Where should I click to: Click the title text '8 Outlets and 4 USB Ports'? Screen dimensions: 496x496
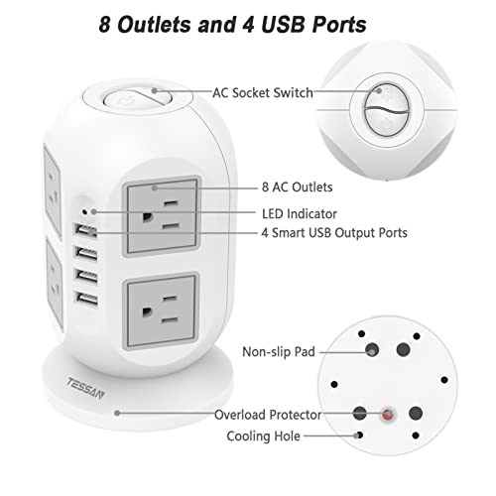tap(232, 25)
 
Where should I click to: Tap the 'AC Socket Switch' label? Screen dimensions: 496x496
tap(263, 93)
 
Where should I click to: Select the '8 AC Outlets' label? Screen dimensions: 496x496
tap(297, 187)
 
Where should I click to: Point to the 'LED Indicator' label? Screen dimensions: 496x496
tap(300, 214)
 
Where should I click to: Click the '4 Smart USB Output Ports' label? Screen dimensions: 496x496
tap(334, 233)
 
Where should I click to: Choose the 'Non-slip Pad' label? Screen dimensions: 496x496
tap(279, 352)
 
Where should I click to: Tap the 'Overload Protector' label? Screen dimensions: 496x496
tap(268, 415)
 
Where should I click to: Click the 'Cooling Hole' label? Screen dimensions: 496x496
tap(263, 436)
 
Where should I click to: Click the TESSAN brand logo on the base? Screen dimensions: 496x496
tap(85, 388)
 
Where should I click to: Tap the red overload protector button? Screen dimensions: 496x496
tap(388, 414)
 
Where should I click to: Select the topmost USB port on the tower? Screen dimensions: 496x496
tap(85, 230)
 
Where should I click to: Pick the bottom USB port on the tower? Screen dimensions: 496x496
tap(87, 299)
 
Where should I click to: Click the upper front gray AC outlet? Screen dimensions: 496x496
tap(162, 215)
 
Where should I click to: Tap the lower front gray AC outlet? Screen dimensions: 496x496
tap(161, 310)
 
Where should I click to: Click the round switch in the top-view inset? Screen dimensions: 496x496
tap(387, 110)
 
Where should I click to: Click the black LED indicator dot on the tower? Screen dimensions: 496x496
tap(84, 211)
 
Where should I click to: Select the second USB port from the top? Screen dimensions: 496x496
tap(86, 253)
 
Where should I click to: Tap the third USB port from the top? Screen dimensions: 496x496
tap(86, 276)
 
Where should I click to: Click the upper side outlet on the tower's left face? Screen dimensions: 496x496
tap(53, 191)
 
